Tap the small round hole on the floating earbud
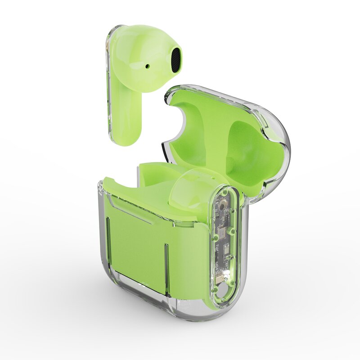point(147,66)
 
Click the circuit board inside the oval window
point(224,238)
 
